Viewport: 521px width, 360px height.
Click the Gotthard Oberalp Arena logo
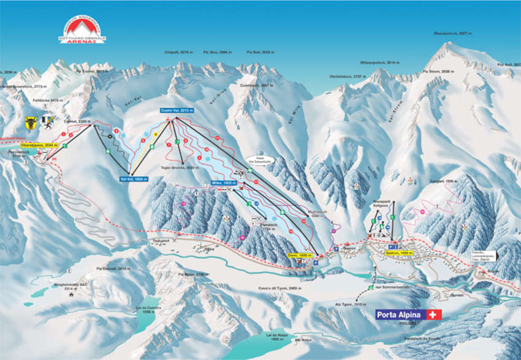click(x=82, y=30)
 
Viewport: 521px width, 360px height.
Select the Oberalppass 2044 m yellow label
click(x=39, y=145)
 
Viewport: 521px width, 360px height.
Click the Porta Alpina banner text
click(x=401, y=315)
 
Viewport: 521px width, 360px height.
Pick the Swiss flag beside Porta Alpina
click(x=435, y=315)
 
